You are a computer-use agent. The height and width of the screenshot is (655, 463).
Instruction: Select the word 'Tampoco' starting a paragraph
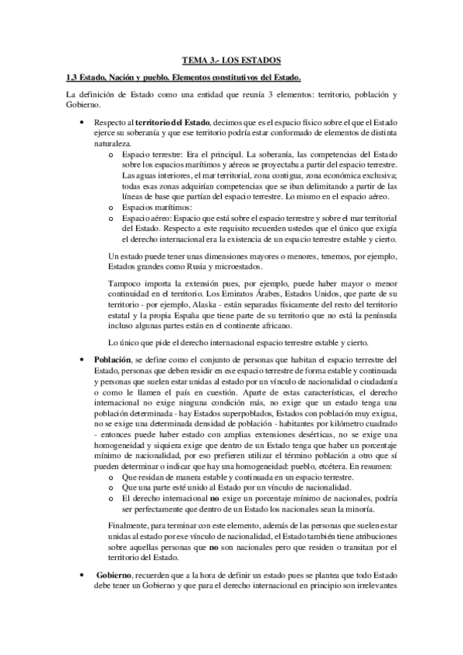coord(124,285)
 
